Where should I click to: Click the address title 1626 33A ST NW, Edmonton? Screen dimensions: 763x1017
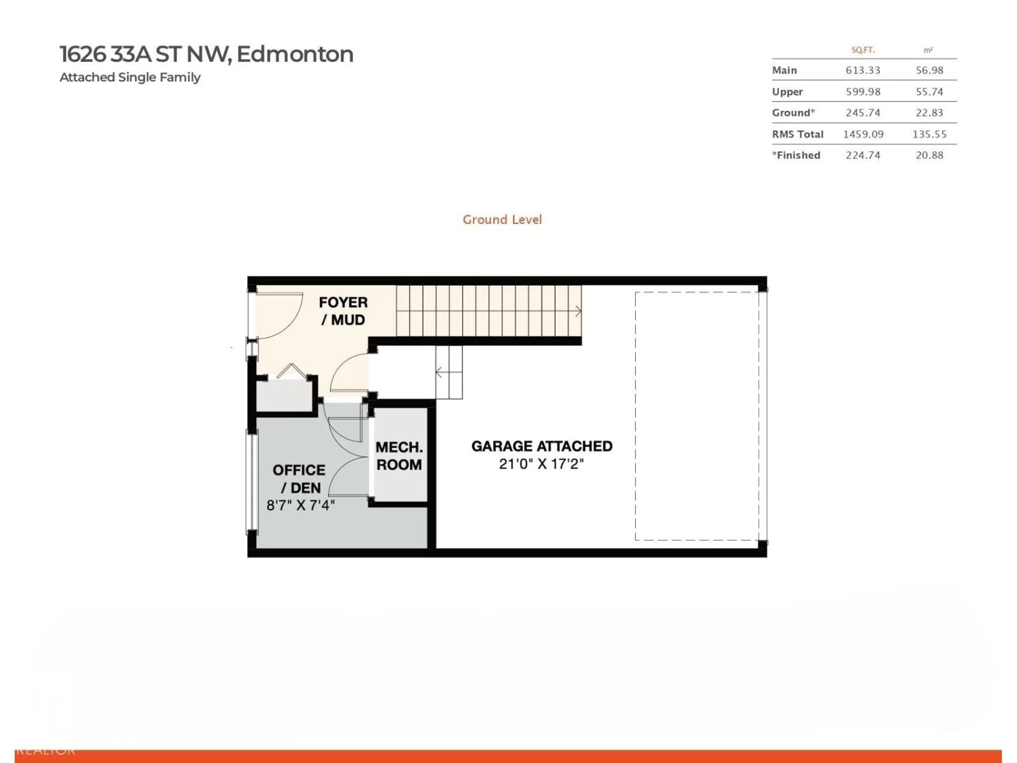(x=206, y=54)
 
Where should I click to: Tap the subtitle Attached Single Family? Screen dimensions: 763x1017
(x=130, y=77)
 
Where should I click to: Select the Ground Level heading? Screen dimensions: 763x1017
(x=502, y=220)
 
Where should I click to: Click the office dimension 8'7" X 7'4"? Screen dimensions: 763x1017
(x=301, y=505)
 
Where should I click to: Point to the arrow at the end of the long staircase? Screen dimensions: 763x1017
(x=577, y=311)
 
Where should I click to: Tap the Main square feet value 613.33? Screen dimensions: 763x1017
(x=863, y=70)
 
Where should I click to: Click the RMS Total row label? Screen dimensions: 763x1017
(x=798, y=134)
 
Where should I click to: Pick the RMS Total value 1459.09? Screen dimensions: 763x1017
(x=863, y=134)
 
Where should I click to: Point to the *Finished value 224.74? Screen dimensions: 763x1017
(x=863, y=156)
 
